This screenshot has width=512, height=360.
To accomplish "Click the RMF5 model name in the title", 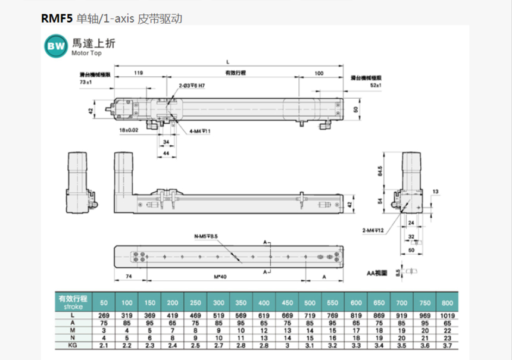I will [x=57, y=19].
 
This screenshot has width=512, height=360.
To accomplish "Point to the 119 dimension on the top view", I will [x=138, y=73].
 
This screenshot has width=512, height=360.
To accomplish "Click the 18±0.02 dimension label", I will [x=129, y=129].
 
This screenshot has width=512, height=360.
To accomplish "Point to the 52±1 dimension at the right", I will [x=376, y=86].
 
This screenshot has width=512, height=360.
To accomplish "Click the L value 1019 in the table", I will [x=447, y=315].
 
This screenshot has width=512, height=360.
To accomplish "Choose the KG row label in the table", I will [x=71, y=344].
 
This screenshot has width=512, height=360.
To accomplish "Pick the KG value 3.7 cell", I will [x=447, y=344].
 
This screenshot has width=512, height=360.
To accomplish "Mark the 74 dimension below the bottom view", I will [x=128, y=277].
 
